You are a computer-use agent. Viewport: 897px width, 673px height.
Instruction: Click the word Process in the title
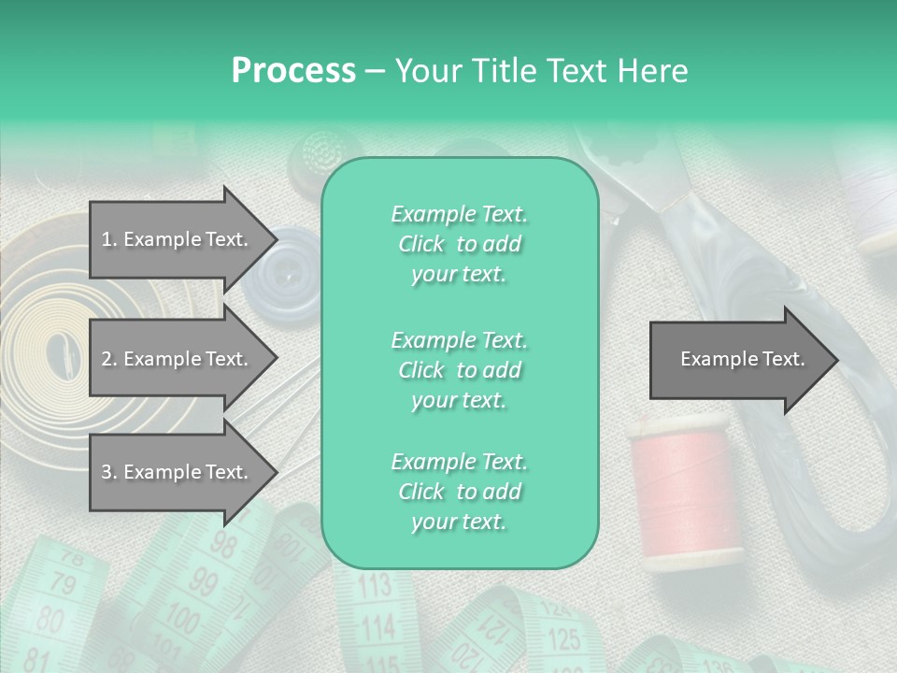click(x=293, y=70)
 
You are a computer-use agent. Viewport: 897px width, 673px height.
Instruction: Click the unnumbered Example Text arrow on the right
click(x=742, y=359)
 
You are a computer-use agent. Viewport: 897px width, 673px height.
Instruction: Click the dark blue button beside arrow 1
click(x=287, y=271)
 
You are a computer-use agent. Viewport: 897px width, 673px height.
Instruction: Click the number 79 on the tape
click(x=62, y=586)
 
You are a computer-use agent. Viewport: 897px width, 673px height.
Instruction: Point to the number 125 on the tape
click(x=563, y=640)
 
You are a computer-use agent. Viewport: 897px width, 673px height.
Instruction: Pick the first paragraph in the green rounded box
click(x=459, y=244)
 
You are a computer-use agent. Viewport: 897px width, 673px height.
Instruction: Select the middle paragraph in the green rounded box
click(x=459, y=370)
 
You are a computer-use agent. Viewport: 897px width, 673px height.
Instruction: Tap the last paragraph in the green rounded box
click(x=459, y=492)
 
